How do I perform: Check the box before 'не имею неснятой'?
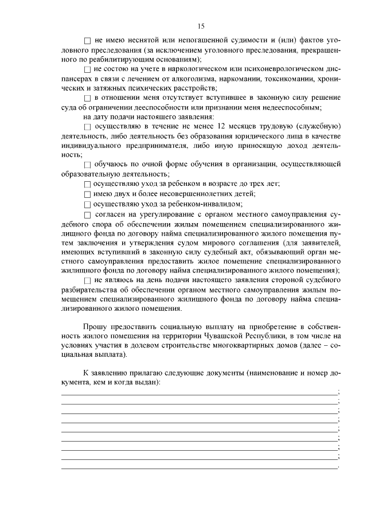coord(87,41)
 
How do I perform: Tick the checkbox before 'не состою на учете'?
coord(87,69)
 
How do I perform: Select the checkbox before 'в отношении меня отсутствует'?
coord(87,98)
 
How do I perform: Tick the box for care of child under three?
coord(87,185)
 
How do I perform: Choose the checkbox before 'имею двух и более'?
coord(87,194)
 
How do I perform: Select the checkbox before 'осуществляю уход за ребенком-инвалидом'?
coord(87,204)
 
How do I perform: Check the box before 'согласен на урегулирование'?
coord(87,214)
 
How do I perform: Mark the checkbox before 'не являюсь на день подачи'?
coord(87,280)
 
